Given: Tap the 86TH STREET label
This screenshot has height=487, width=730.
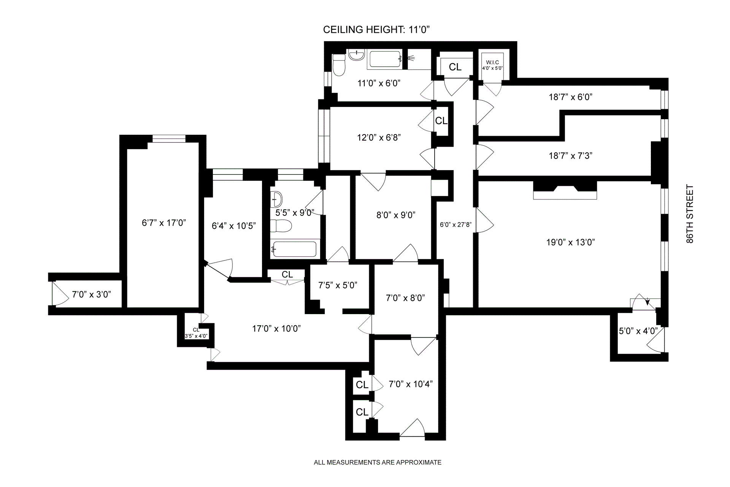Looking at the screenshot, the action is point(690,214).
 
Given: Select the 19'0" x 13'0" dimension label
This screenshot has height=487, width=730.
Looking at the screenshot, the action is point(570,242).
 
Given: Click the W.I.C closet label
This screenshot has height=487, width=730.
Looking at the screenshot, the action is point(492,65).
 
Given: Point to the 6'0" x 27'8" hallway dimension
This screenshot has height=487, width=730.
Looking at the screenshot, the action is point(455,225).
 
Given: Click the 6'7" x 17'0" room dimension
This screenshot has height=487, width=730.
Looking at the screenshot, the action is point(163,223).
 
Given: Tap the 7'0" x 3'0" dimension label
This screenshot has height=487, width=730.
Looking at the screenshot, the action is point(91,294).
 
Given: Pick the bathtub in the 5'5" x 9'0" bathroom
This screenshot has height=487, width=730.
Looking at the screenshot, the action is point(295,249).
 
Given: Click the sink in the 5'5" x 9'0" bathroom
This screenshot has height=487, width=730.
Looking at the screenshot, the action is point(276,199).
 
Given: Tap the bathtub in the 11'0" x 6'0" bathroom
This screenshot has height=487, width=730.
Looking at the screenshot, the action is point(385,59).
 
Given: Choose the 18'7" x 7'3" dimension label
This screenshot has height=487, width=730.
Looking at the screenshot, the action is point(570,155).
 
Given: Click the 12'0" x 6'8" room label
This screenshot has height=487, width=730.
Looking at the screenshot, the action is point(379,137).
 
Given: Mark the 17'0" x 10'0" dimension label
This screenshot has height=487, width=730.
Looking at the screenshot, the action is point(276,328).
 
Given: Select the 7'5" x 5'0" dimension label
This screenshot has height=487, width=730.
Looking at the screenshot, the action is point(338,285).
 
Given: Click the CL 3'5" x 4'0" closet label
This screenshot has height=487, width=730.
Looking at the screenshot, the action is point(196,333).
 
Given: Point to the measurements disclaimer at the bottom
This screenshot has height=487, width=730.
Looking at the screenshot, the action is point(377,462).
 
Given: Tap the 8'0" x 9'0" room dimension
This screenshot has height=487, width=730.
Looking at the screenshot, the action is point(395,215).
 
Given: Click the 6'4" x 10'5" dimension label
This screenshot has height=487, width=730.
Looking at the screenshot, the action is point(233,226).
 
